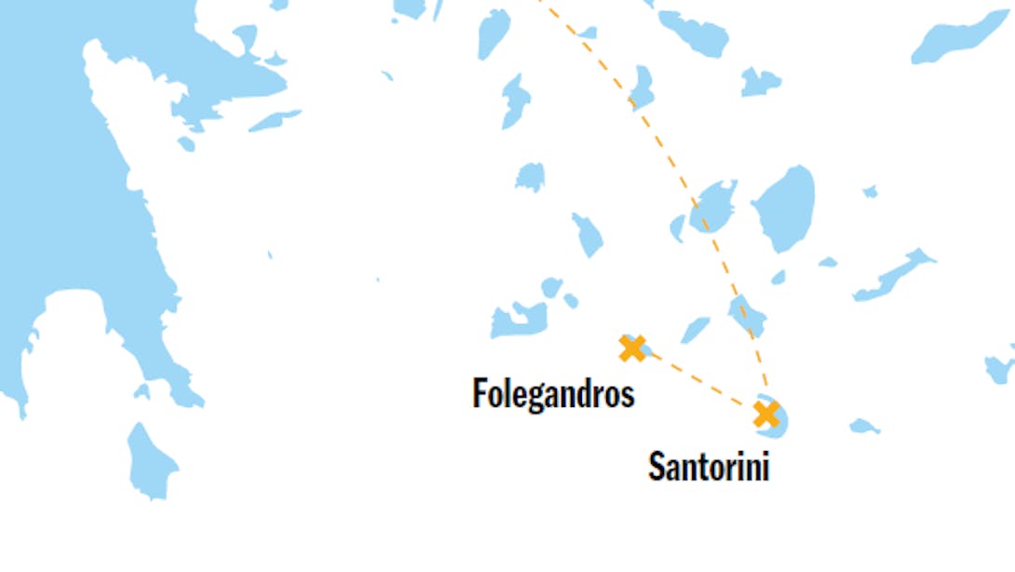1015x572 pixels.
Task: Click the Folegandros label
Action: click(553, 393)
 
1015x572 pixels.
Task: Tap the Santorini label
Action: click(709, 466)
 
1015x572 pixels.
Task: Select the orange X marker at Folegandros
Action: click(632, 348)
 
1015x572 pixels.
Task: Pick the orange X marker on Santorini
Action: click(766, 414)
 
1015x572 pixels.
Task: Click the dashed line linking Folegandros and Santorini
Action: click(698, 380)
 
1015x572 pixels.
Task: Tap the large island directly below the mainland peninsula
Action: click(150, 460)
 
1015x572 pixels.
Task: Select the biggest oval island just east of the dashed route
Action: click(785, 209)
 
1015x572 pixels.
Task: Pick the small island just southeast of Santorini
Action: click(863, 427)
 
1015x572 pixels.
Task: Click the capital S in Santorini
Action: click(656, 466)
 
